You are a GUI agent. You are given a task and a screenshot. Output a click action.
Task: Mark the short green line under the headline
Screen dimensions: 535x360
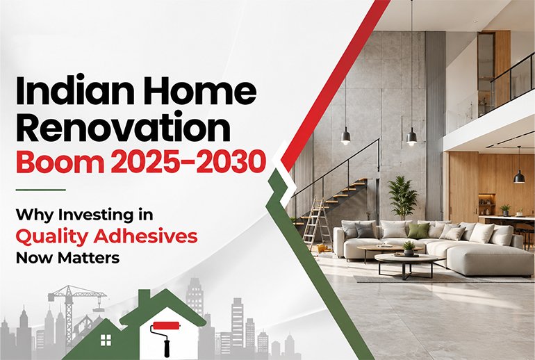click(40, 190)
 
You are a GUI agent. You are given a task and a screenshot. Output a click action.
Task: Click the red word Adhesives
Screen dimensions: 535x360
click(145, 236)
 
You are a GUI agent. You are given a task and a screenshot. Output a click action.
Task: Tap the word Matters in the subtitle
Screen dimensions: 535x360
click(89, 258)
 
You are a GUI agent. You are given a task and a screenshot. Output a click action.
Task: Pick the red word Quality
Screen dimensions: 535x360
click(53, 237)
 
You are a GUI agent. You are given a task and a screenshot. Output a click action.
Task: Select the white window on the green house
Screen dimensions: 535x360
click(106, 340)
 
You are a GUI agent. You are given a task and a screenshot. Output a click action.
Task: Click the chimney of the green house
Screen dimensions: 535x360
click(145, 296)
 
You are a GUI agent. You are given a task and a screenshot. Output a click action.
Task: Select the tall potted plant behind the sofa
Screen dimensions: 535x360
click(402, 198)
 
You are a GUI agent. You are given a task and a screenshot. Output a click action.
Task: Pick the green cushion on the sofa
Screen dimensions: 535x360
click(418, 231)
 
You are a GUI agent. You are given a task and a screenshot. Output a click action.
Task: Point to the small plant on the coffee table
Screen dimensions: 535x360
click(409, 248)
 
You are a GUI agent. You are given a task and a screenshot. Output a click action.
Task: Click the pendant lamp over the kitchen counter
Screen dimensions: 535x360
click(519, 177)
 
